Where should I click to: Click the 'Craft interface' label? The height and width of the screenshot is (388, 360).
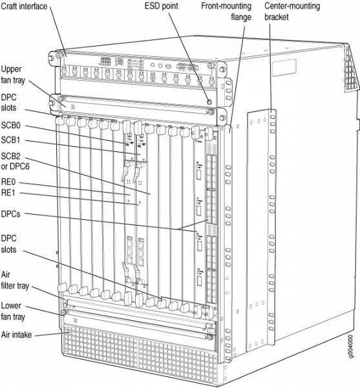28,6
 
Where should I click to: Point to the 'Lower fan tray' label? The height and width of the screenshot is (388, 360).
17,310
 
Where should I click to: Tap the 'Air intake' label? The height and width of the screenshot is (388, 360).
20,334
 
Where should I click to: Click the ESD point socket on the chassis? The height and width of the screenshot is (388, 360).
209,102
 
